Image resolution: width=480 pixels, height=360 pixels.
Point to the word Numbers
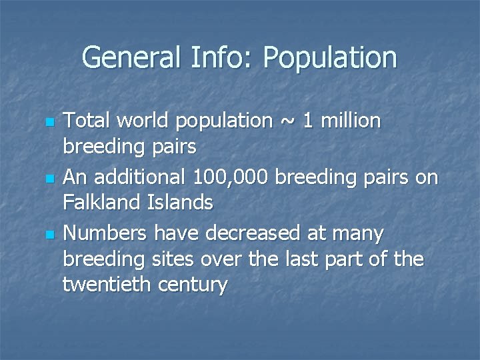click(x=105, y=233)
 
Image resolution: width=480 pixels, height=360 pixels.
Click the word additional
click(x=140, y=177)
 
